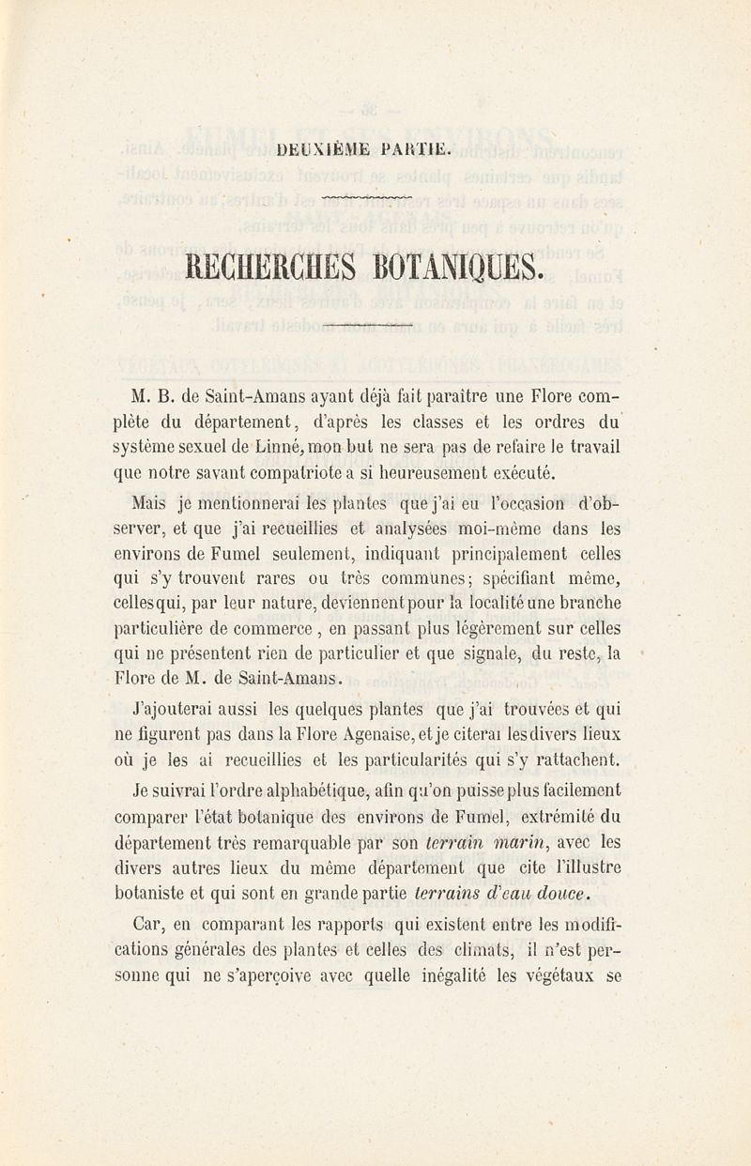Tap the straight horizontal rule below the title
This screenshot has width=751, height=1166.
[366, 325]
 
